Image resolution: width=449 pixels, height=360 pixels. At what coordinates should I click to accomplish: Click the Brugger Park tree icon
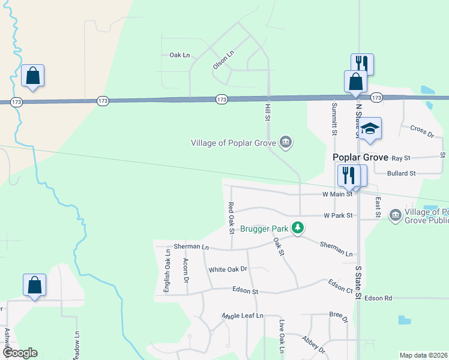pos(297,227)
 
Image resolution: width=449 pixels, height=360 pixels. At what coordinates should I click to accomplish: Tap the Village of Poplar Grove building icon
pos(286,142)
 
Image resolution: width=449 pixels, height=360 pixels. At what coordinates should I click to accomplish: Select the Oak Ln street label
pos(179,55)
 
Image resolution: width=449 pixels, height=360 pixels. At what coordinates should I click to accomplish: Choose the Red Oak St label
pos(231,217)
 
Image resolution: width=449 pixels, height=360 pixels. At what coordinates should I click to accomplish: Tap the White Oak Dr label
pos(228,270)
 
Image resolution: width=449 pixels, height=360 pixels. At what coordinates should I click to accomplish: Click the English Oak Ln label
pos(167,272)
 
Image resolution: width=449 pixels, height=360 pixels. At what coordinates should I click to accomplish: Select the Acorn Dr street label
pos(186,271)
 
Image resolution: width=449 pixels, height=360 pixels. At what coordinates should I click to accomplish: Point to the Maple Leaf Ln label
pos(243,316)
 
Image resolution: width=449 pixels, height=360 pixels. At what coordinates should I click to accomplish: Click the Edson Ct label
pos(340,286)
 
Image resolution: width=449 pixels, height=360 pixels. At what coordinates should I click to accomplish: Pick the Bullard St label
pos(402,173)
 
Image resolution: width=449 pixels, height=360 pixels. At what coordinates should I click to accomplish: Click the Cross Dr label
pos(421,130)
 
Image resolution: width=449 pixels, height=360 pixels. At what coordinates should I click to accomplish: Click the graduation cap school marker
pos(370,128)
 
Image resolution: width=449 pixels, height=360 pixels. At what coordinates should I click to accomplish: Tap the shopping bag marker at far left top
pos(33,76)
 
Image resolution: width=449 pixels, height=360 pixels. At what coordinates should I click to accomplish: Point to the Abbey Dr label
pos(313,344)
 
